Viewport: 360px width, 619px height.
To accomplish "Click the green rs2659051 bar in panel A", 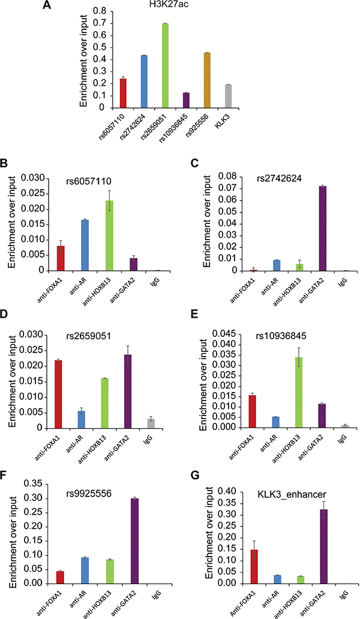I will (x=181, y=66).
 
